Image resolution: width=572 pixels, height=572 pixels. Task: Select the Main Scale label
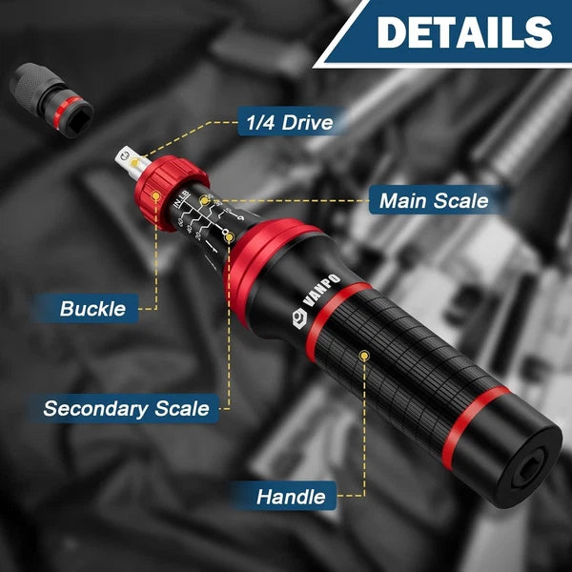point(433,200)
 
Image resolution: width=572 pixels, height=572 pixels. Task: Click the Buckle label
point(92,308)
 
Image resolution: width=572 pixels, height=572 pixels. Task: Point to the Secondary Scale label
point(126,408)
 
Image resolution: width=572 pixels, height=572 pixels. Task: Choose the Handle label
point(291,496)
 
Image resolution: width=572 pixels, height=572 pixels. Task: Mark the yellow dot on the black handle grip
point(363,356)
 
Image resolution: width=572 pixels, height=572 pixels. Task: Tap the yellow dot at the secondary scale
point(230,235)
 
